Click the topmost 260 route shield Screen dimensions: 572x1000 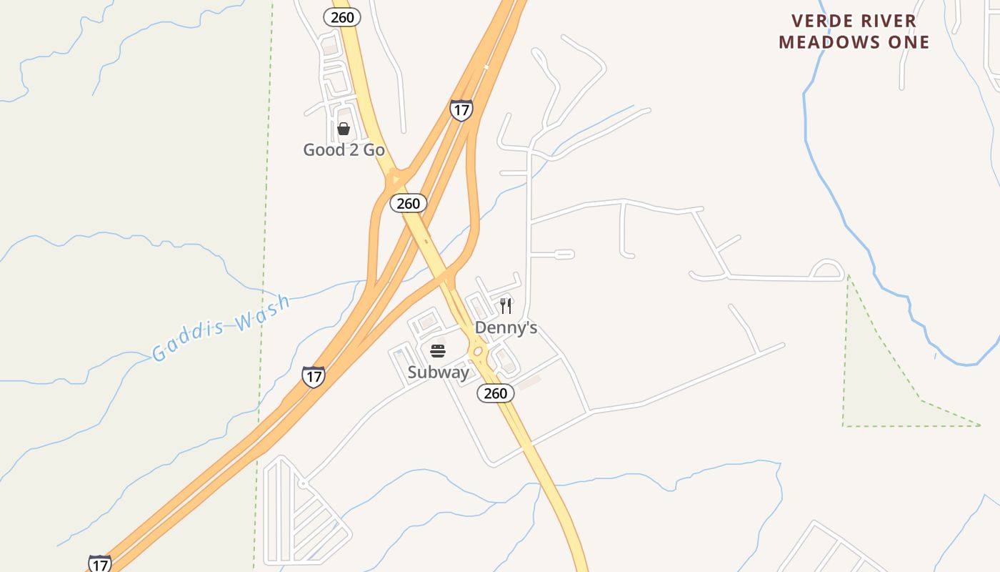[342, 17]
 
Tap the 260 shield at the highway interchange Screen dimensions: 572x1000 [408, 204]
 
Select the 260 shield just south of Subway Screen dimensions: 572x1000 [495, 393]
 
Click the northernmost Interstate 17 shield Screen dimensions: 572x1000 [461, 110]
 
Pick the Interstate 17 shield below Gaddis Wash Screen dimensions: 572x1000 [313, 377]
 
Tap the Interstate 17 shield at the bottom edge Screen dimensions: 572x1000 [100, 563]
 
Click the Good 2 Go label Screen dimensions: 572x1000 [344, 150]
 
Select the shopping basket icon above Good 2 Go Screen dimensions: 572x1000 [344, 129]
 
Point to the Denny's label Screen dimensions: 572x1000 [506, 328]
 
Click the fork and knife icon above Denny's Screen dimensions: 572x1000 [506, 306]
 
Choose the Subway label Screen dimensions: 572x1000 [438, 373]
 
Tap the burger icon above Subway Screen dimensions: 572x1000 [438, 351]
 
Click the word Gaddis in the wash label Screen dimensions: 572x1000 [187, 340]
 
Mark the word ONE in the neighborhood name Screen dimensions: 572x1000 [909, 42]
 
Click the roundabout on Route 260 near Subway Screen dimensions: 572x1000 [478, 352]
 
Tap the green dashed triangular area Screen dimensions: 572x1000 [879, 386]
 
